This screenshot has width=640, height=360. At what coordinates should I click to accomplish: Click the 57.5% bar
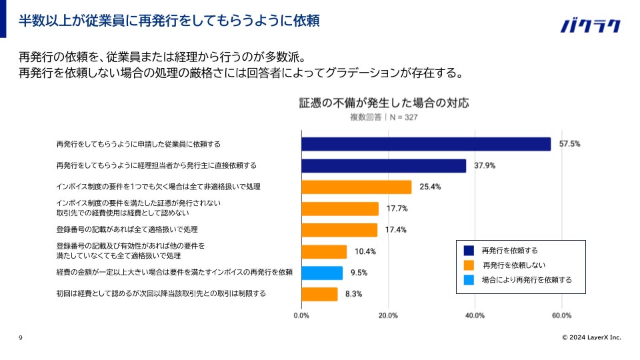pos(426,144)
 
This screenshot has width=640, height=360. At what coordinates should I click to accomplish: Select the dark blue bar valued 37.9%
pos(383,165)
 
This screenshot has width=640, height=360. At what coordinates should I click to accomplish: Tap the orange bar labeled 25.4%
pos(356,187)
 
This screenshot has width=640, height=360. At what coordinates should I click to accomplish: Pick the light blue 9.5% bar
pos(322,273)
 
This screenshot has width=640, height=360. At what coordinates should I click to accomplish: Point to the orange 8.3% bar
pos(319,294)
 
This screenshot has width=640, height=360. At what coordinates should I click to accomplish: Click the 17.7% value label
pos(397,209)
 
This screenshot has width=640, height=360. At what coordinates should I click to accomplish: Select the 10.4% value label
pos(365,251)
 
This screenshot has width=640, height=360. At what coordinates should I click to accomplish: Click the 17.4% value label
pos(396,230)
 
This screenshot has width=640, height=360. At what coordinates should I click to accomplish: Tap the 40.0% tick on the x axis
pos(475,315)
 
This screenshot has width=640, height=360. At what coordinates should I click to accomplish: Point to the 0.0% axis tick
pos(301,315)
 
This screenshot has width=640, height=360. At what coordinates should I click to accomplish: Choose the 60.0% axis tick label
pos(561,315)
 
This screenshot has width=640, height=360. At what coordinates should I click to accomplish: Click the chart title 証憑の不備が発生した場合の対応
pos(384,103)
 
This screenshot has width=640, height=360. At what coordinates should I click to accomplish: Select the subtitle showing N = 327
pos(384,117)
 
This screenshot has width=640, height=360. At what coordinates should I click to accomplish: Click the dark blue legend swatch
pos(469,251)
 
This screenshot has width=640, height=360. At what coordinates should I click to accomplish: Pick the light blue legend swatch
pos(469,280)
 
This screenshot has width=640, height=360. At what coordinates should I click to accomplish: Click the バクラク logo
pos(590,26)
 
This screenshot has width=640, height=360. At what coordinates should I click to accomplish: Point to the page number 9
pos(21,338)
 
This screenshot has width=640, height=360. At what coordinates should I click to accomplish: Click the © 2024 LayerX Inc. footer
pos(591,338)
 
